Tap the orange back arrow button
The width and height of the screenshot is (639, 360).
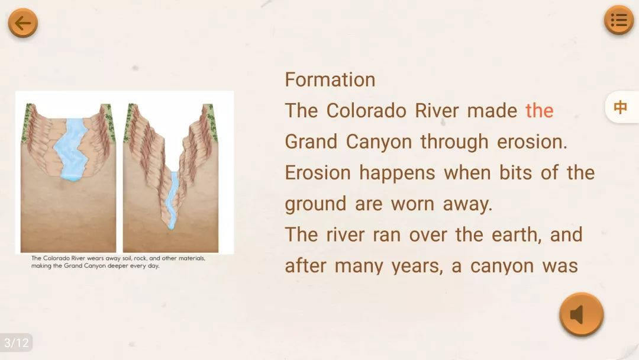pyautogui.click(x=23, y=23)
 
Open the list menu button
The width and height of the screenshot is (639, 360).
pyautogui.click(x=619, y=20)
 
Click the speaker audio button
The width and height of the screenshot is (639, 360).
pyautogui.click(x=581, y=314)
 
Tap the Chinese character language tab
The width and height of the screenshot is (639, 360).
pyautogui.click(x=620, y=107)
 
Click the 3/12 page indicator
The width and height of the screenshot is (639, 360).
pyautogui.click(x=17, y=342)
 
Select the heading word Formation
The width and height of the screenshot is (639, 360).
pyautogui.click(x=330, y=79)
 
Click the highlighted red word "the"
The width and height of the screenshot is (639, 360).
pyautogui.click(x=539, y=111)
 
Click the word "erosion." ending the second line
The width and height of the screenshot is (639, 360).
pyautogui.click(x=532, y=142)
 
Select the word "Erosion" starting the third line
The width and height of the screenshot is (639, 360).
pyautogui.click(x=318, y=173)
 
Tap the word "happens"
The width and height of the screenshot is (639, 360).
pyautogui.click(x=398, y=173)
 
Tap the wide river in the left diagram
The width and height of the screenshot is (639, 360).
pyautogui.click(x=72, y=149)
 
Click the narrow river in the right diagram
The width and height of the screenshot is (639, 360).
pyautogui.click(x=173, y=200)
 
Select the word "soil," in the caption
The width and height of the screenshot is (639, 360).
pyautogui.click(x=128, y=258)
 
